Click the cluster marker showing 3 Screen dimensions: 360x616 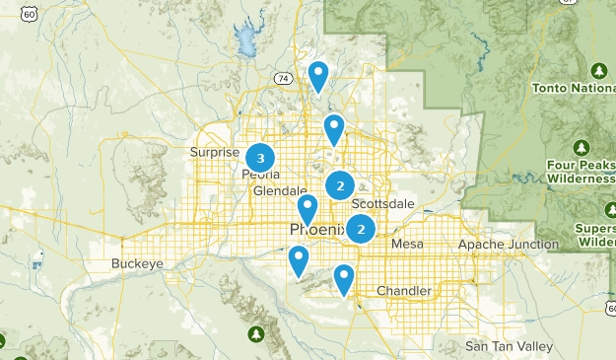[260, 157]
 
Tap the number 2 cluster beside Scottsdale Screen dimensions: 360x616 [340, 185]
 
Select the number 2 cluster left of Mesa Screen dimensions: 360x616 [362, 229]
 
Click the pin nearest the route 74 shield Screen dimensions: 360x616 [317, 75]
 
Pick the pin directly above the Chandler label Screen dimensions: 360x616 [343, 279]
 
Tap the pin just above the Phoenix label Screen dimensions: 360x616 [308, 209]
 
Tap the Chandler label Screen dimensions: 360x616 [404, 291]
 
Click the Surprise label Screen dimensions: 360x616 [215, 152]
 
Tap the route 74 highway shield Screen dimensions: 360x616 [284, 77]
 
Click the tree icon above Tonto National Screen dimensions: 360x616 [598, 71]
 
